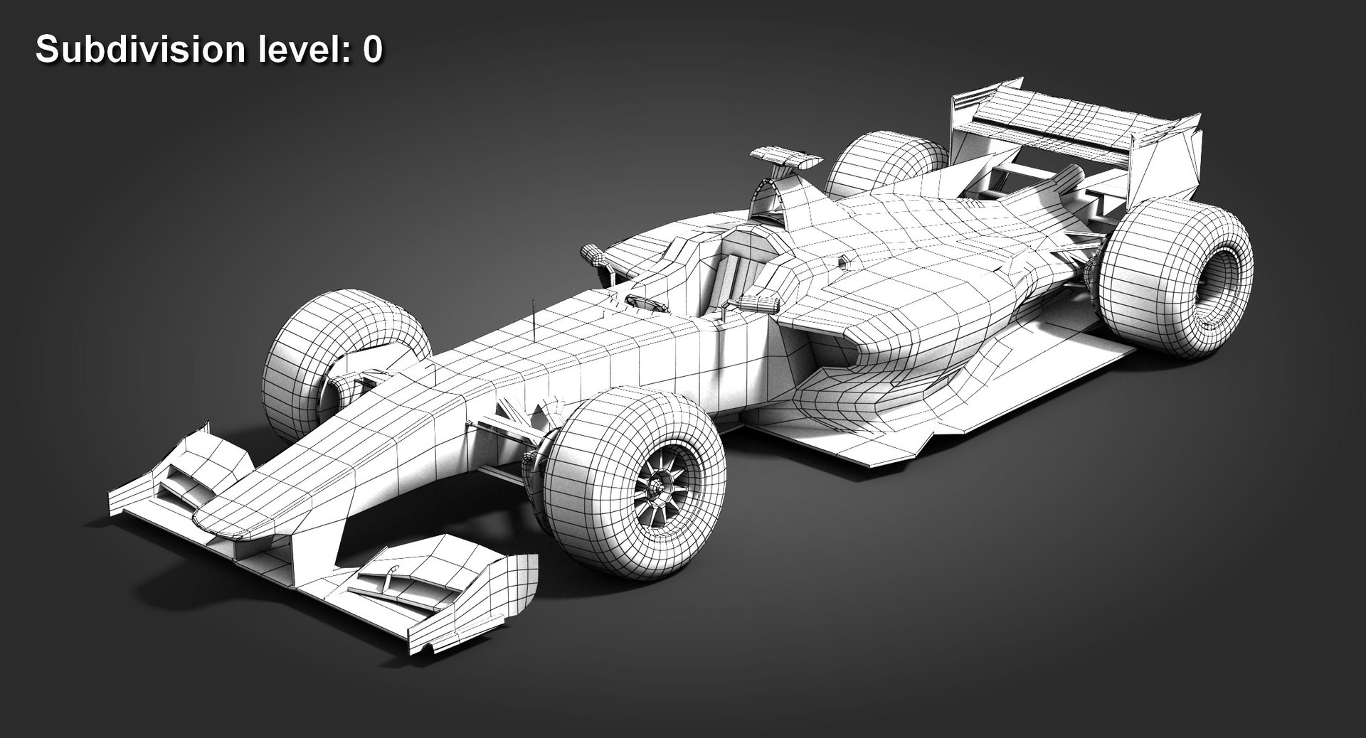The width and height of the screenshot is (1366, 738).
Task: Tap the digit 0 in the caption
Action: (373, 50)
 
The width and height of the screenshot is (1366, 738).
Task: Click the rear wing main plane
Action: (1074, 114)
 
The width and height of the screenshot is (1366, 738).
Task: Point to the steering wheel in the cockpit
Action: (647, 305)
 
